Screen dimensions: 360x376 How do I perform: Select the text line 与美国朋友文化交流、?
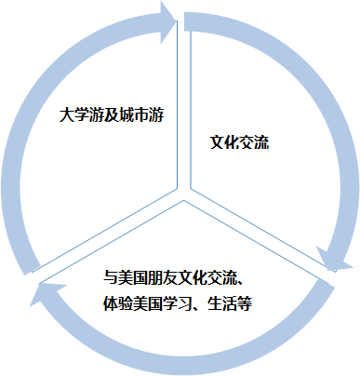click(x=174, y=278)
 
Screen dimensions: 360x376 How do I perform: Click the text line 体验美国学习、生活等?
click(x=173, y=303)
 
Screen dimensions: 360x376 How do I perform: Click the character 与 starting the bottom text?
click(x=110, y=278)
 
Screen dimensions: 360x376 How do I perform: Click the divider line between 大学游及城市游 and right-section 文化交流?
click(x=181, y=102)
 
